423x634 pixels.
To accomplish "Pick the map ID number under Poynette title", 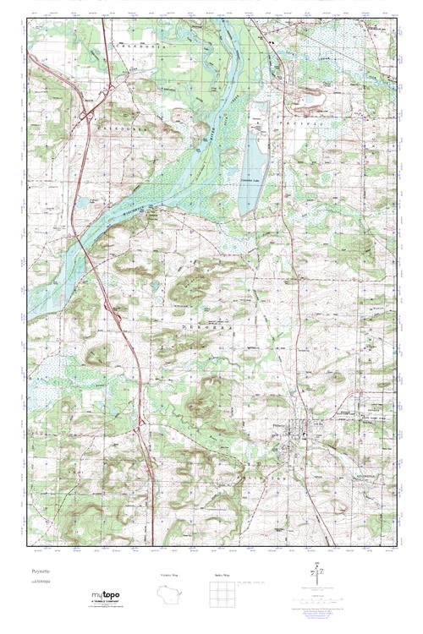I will click(39, 583).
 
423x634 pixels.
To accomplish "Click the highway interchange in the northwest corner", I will click(86, 116).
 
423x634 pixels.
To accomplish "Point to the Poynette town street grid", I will click(301, 435).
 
